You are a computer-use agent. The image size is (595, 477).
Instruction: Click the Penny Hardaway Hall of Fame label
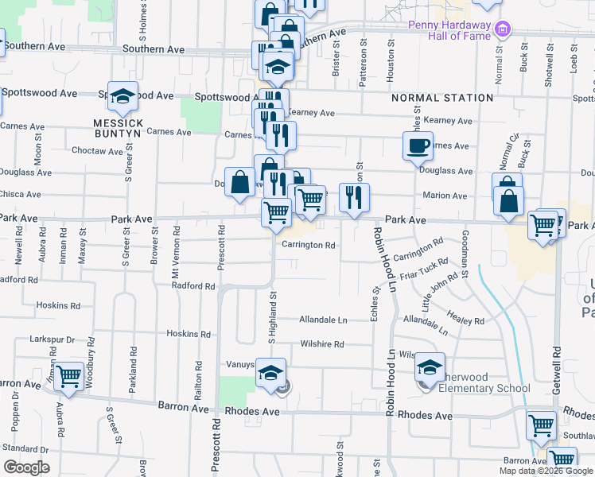pyautogui.click(x=450, y=29)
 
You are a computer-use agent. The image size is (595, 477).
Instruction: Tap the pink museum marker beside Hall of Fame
pyautogui.click(x=502, y=30)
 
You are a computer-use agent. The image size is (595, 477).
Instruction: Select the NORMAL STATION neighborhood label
pyautogui.click(x=442, y=98)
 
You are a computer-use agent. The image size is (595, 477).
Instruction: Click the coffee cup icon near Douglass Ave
pyautogui.click(x=418, y=146)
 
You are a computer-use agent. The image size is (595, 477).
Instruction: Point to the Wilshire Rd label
pyautogui.click(x=321, y=344)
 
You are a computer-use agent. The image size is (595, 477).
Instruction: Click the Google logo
pyautogui.click(x=27, y=467)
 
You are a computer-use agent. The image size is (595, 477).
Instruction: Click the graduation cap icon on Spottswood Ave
pyautogui.click(x=123, y=96)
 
